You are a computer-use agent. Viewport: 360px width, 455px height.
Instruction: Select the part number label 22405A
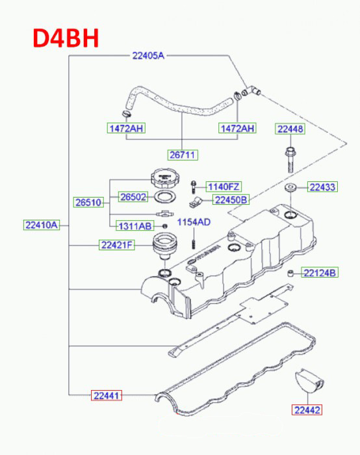click(x=149, y=56)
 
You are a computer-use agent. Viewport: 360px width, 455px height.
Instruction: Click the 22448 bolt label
click(x=289, y=129)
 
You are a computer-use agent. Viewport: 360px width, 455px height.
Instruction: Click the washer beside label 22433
click(x=290, y=188)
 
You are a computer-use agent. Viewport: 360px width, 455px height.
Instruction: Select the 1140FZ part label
click(x=224, y=187)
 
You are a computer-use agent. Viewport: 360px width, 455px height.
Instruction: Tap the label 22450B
click(x=231, y=200)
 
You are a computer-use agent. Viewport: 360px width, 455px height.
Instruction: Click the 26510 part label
click(x=88, y=202)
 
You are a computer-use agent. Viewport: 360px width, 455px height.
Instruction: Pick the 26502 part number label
click(x=134, y=196)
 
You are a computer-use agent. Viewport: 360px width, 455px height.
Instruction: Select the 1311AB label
click(x=135, y=226)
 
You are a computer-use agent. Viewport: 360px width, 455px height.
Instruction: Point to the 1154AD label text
click(x=194, y=222)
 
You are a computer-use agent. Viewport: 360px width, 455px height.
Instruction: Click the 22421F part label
click(x=117, y=245)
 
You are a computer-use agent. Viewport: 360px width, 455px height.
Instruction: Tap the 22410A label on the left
click(x=42, y=226)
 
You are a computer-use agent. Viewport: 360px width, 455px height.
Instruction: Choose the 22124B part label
click(x=320, y=272)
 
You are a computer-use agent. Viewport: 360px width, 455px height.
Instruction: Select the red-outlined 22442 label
click(x=306, y=409)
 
